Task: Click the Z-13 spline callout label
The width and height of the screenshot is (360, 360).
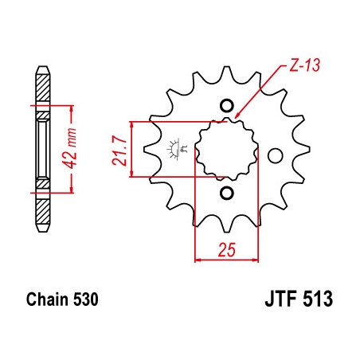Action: point(304,65)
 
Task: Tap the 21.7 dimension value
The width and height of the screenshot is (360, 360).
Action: point(119,151)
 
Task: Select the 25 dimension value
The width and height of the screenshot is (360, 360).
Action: point(227,249)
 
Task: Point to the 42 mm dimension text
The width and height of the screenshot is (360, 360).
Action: point(70,148)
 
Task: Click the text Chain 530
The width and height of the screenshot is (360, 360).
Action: point(62,299)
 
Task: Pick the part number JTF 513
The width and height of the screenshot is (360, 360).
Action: point(299,299)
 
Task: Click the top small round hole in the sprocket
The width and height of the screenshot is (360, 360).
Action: point(227,106)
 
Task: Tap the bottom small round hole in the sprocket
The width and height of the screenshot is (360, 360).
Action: point(227,193)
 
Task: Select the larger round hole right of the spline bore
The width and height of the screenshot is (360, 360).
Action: point(275,156)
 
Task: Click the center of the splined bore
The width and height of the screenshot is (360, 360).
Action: point(227,149)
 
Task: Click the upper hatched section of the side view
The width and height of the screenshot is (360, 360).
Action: point(43,88)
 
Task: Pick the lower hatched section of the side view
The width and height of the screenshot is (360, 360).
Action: point(43,211)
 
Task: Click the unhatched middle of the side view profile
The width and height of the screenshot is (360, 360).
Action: point(43,149)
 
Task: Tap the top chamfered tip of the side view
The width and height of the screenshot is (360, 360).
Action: point(43,70)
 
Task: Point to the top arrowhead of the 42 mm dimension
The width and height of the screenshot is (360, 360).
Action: point(71,108)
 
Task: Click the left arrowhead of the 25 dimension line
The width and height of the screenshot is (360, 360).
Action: point(198,260)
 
